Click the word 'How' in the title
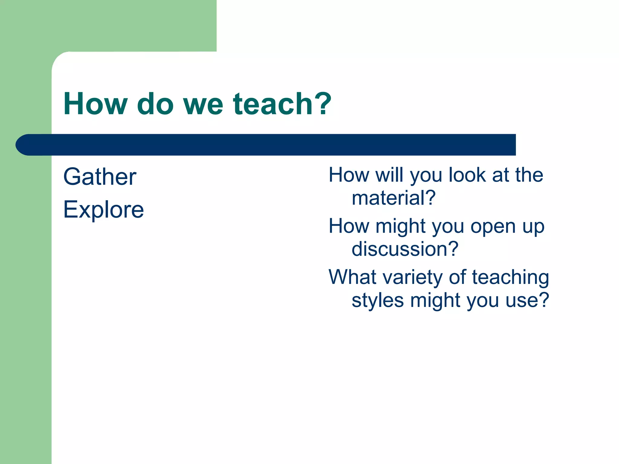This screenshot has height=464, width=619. tap(95, 104)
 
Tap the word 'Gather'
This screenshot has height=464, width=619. tap(100, 177)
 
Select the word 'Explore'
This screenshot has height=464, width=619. tap(103, 210)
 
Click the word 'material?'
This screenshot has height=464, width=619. tap(394, 198)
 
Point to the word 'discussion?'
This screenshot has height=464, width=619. tap(405, 249)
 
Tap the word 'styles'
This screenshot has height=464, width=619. tap(378, 301)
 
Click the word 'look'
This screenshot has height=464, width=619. tap(467, 175)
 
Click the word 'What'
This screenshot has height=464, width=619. tap(351, 277)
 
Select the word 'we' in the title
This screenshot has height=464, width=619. tap(203, 104)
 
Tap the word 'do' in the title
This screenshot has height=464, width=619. tap(155, 104)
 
